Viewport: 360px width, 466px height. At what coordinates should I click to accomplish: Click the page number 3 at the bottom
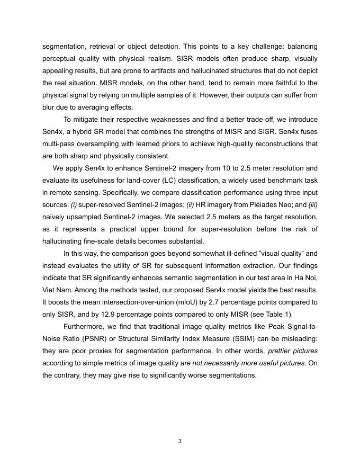(180, 441)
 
